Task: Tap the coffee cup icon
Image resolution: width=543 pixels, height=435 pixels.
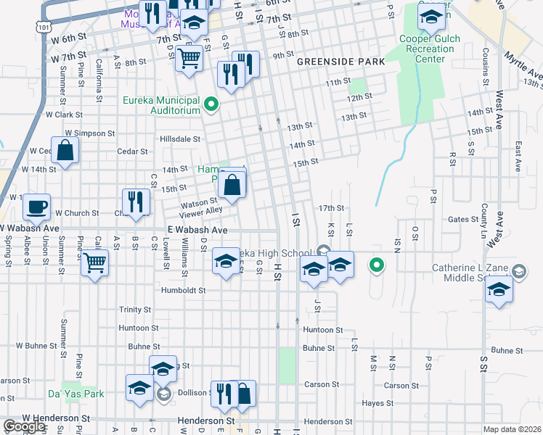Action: coord(36,207)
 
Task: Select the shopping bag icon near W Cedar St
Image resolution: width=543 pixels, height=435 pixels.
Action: coord(65,151)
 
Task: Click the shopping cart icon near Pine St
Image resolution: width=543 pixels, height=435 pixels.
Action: coord(94,262)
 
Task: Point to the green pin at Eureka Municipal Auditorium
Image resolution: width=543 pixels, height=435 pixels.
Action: coord(211,105)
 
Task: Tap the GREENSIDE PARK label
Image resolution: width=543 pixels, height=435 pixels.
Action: coord(340,62)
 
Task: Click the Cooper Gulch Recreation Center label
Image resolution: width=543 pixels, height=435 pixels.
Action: coord(426,49)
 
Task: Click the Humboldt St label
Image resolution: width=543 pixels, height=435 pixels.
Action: coord(184,290)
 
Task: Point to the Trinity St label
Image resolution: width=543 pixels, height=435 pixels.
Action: coord(134,310)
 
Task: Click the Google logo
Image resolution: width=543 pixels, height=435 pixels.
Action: coord(25,426)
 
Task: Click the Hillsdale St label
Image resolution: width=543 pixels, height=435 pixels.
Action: coord(180,138)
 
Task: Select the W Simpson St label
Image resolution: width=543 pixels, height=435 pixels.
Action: coord(89,133)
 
